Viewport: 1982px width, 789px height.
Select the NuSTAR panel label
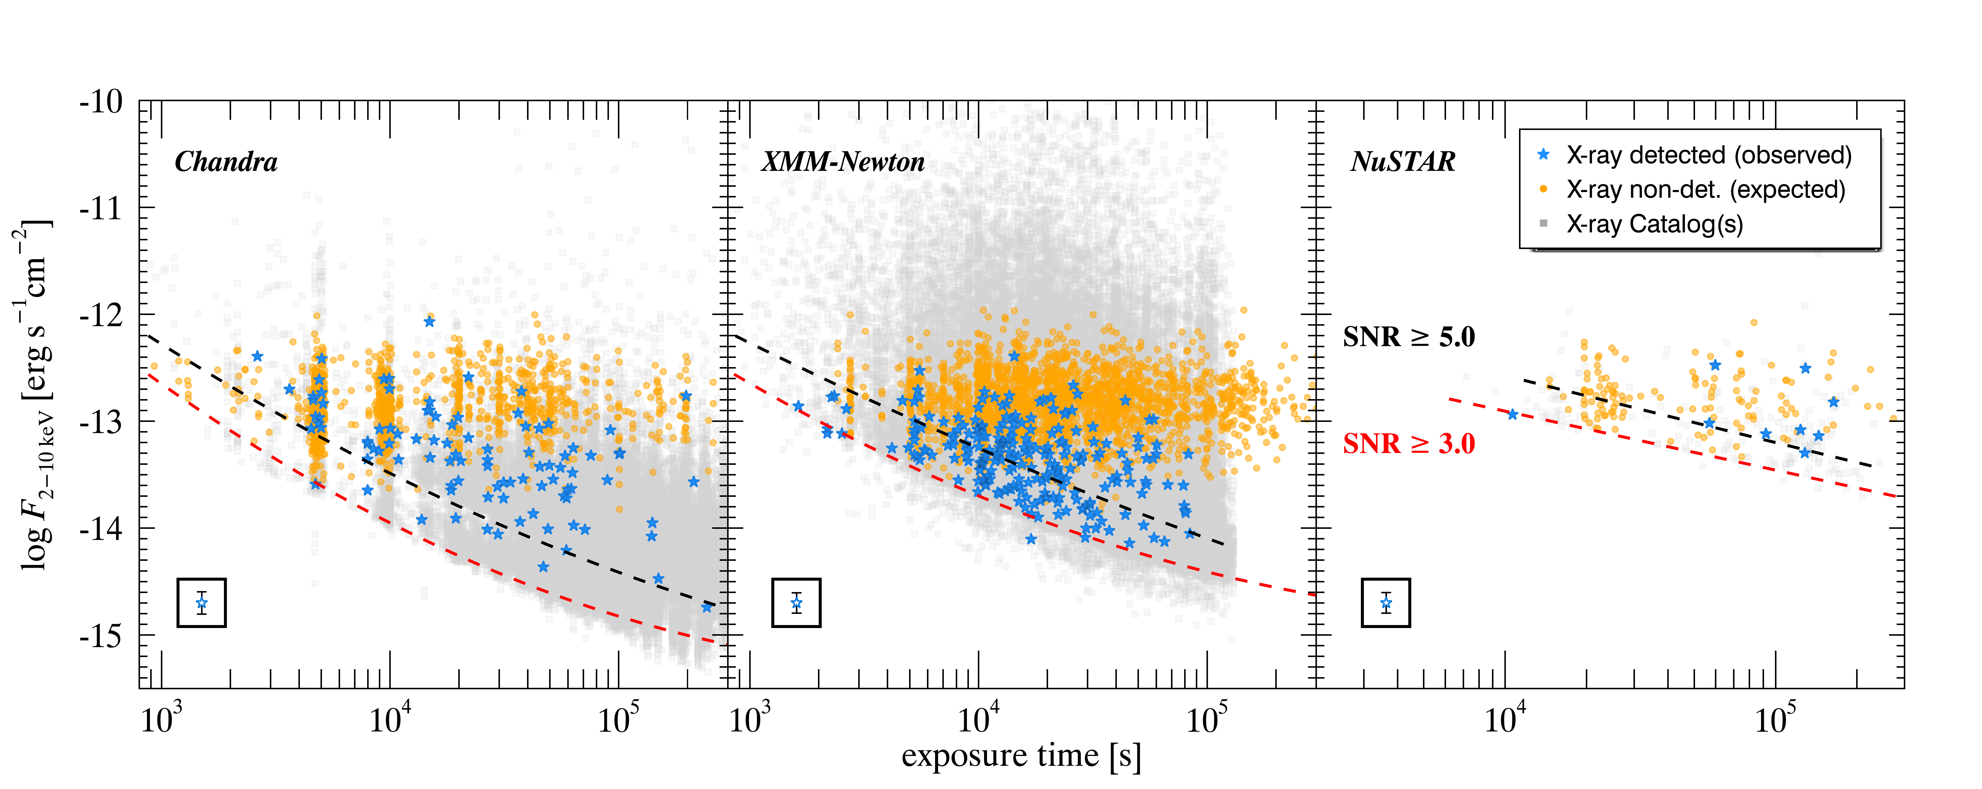1403,161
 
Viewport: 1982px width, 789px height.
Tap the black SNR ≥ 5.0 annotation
1409,337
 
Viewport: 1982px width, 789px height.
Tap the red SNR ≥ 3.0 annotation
1409,444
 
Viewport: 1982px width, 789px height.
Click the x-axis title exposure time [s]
1021,756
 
